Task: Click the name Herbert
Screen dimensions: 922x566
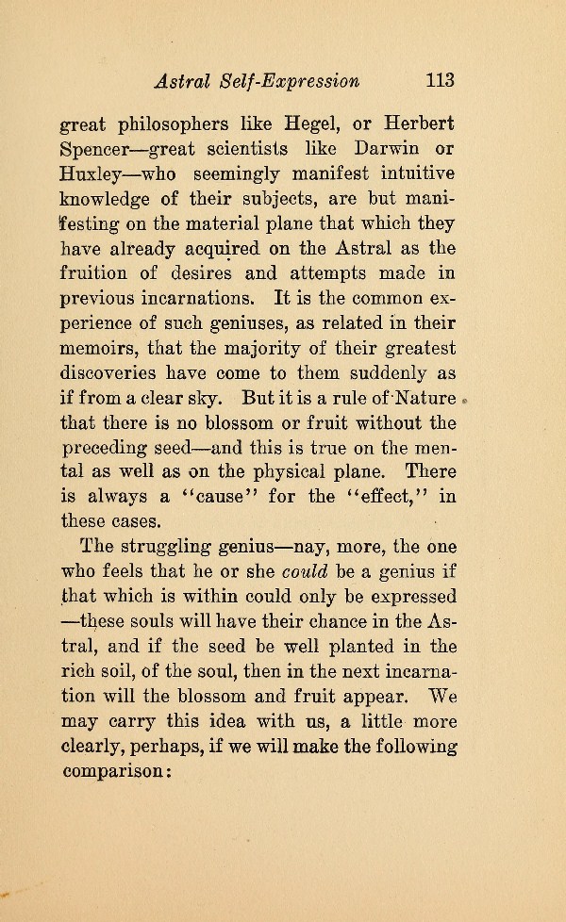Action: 420,125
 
